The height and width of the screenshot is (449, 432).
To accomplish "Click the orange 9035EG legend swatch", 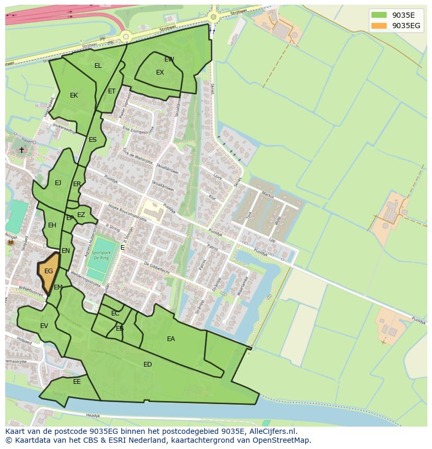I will (x=379, y=26).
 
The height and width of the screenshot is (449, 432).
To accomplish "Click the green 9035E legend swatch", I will (x=379, y=15).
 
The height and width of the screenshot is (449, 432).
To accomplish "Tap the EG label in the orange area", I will (x=49, y=271).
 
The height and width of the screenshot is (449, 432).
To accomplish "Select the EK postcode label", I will (x=74, y=95).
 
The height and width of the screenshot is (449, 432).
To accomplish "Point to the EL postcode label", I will (x=98, y=66).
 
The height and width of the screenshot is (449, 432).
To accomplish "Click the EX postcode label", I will (x=160, y=72).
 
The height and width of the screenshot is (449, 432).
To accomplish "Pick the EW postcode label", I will (x=169, y=59).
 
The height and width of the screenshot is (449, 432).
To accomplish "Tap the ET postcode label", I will (x=112, y=91).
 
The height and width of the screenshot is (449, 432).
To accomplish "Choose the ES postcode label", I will (x=92, y=140).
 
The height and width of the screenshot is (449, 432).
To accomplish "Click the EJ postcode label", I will (x=58, y=183).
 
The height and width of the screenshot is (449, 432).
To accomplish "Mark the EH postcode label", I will (x=52, y=225).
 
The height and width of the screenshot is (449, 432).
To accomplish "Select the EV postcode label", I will (x=44, y=326).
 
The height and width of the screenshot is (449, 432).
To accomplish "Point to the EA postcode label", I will (x=171, y=339).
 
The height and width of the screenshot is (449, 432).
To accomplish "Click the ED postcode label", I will (x=148, y=365).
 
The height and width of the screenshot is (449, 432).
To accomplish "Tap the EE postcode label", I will (x=77, y=382).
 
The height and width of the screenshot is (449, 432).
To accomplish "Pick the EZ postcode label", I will (x=81, y=215).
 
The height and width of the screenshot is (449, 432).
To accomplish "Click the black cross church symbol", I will (x=21, y=150).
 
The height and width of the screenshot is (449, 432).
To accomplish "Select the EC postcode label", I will (x=115, y=313).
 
